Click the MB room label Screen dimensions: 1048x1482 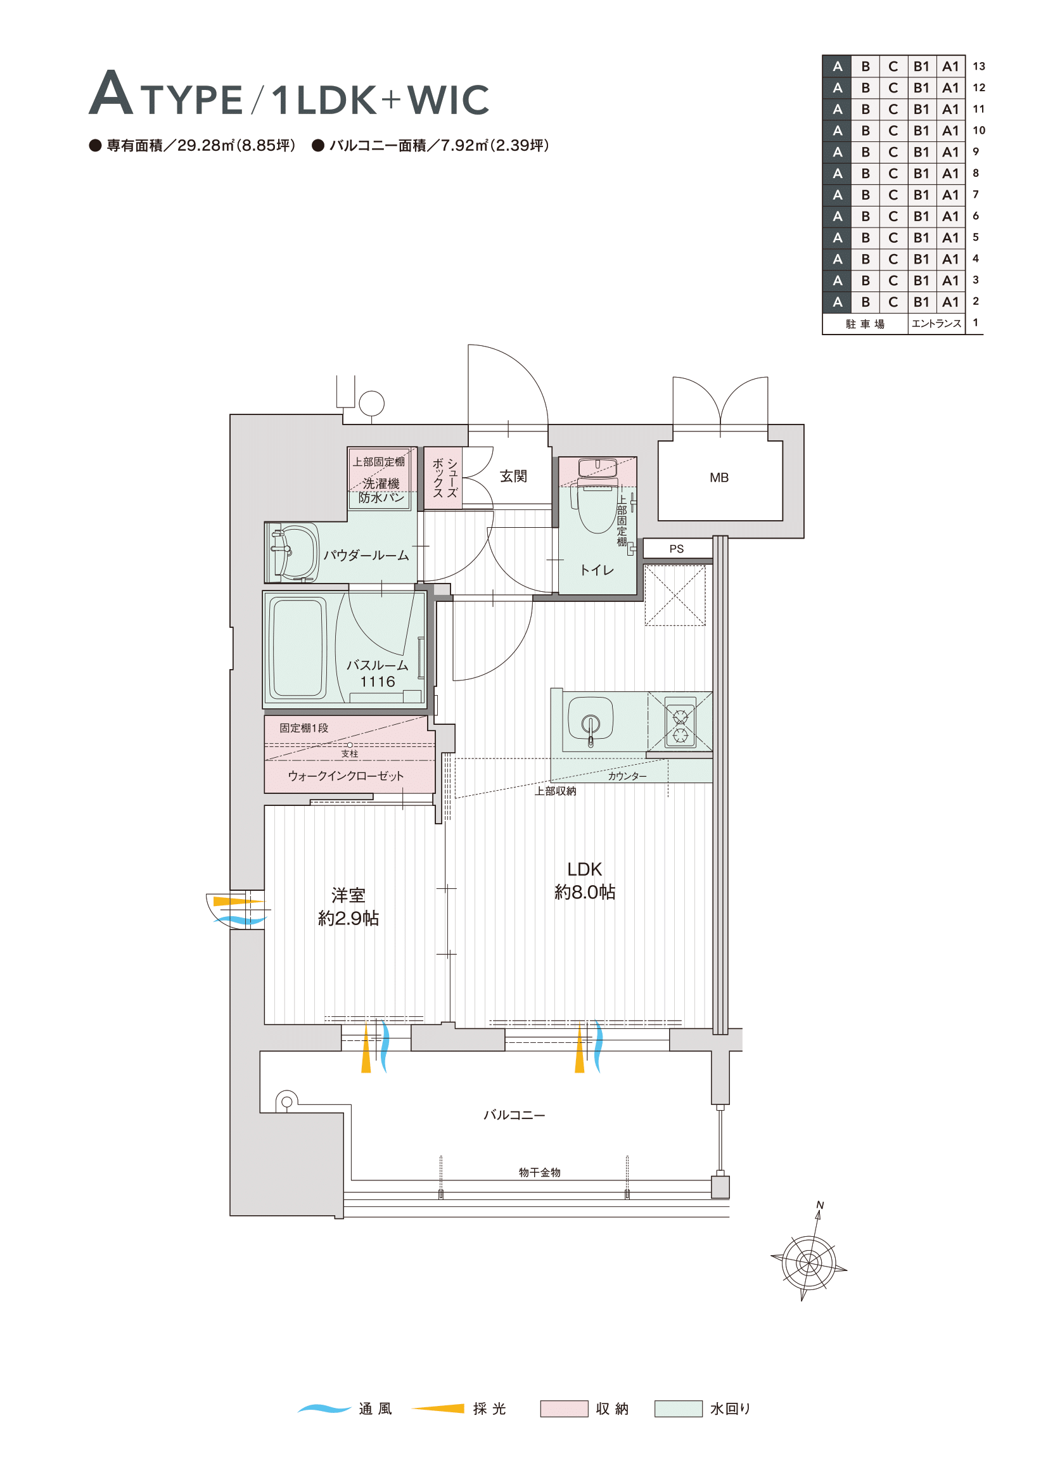(719, 478)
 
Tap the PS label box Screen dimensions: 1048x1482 (677, 549)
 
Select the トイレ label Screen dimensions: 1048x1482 (596, 570)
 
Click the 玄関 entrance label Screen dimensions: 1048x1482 (514, 476)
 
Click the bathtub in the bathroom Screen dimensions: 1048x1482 (298, 648)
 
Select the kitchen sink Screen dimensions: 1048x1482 (590, 719)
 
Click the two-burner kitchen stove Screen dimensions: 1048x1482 (680, 722)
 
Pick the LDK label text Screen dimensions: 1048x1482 (585, 869)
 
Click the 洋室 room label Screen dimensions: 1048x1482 (348, 895)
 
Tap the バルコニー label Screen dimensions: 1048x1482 (514, 1115)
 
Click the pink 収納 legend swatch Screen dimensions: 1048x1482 (564, 1409)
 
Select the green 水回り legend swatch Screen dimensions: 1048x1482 (678, 1409)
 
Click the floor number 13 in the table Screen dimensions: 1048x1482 (979, 66)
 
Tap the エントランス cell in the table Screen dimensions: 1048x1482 (936, 323)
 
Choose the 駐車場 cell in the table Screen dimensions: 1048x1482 (866, 324)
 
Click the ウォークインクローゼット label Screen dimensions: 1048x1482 (346, 776)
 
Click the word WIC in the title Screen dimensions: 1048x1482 (449, 99)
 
